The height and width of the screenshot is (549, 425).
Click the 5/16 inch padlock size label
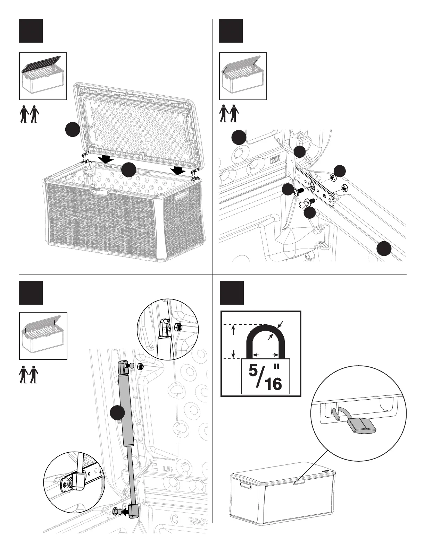(x=266, y=376)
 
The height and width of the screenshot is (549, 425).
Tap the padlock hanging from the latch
(x=364, y=426)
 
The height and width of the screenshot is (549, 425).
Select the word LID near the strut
(x=168, y=470)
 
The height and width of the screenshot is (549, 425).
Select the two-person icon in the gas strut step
(x=29, y=374)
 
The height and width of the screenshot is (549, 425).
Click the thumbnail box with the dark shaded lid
(x=43, y=76)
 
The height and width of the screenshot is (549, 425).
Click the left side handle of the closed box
(x=245, y=486)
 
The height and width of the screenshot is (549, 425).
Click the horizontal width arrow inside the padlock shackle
(x=266, y=355)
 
